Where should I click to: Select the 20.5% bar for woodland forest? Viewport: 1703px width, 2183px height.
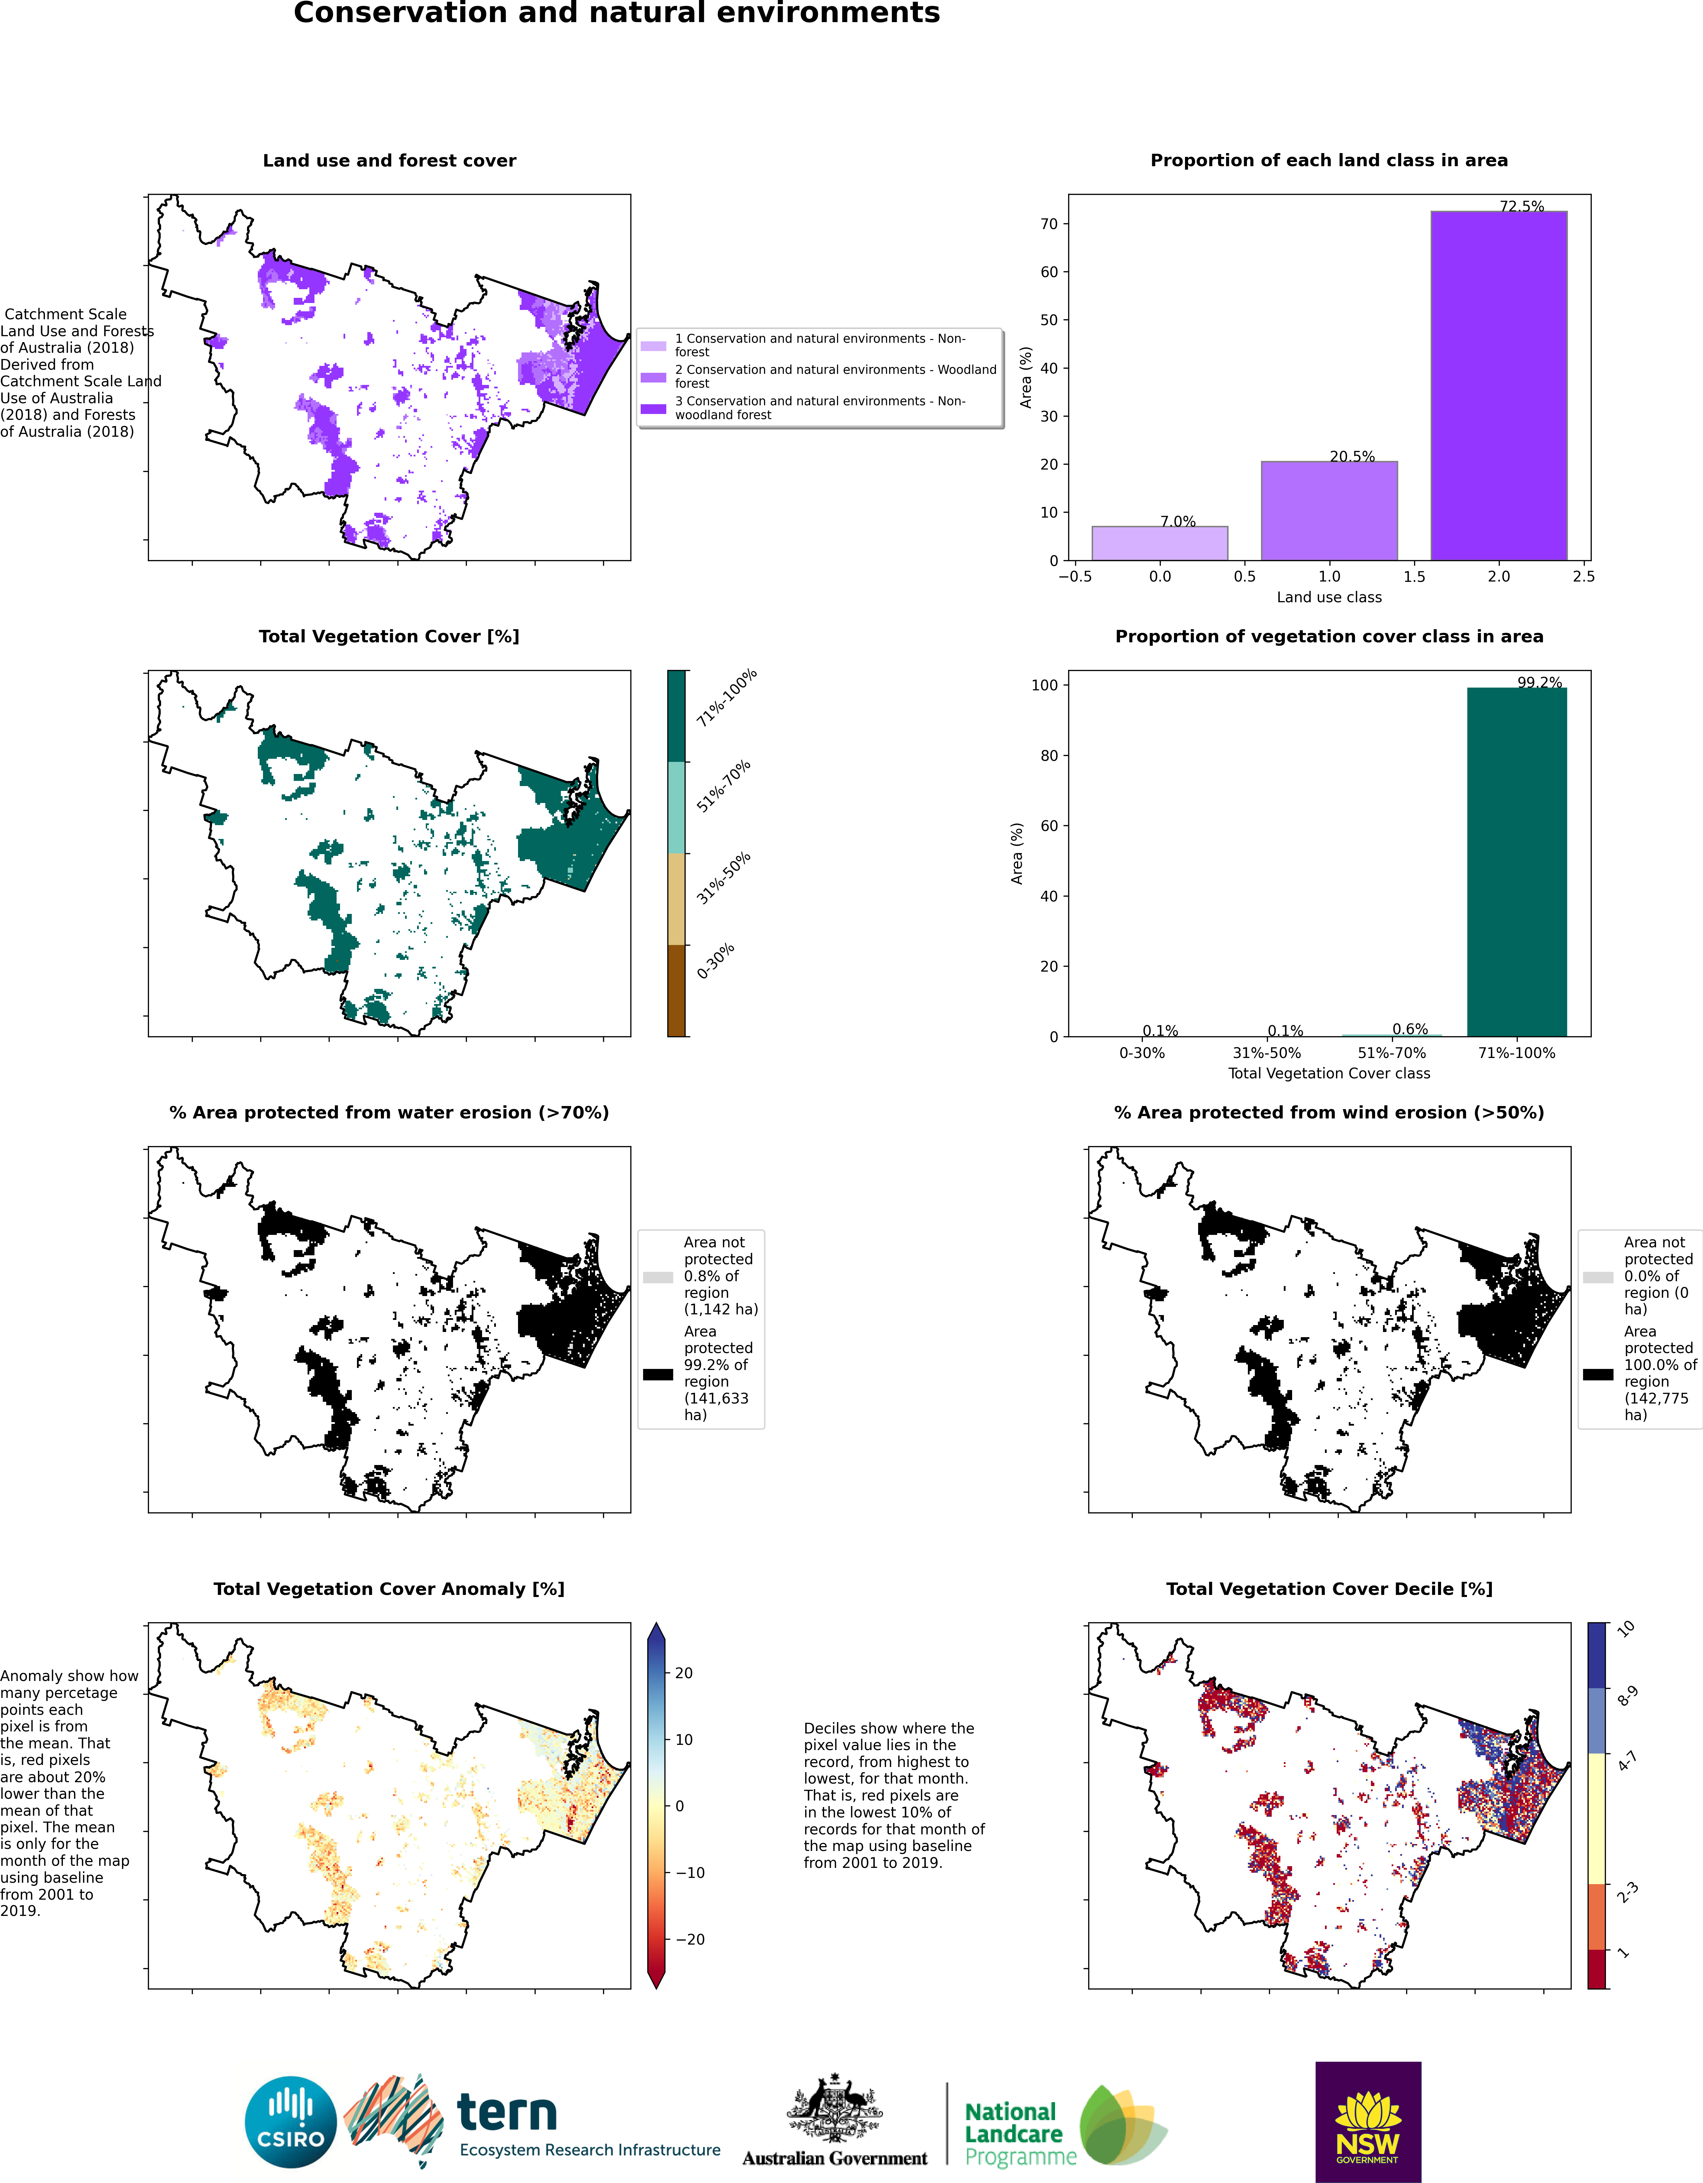(1329, 511)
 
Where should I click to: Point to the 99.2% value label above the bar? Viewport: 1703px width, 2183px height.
(1539, 683)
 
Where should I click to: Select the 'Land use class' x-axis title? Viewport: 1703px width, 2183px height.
(1329, 597)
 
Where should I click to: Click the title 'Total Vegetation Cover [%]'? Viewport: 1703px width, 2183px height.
(389, 637)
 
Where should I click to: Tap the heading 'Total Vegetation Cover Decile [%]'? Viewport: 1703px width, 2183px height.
(1329, 1589)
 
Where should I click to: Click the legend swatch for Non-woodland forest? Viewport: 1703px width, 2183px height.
(653, 409)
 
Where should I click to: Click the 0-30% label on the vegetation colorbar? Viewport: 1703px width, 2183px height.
(716, 961)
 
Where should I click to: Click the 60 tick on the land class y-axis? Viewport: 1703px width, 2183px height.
(1048, 272)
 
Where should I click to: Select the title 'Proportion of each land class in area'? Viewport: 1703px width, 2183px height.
(1329, 161)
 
